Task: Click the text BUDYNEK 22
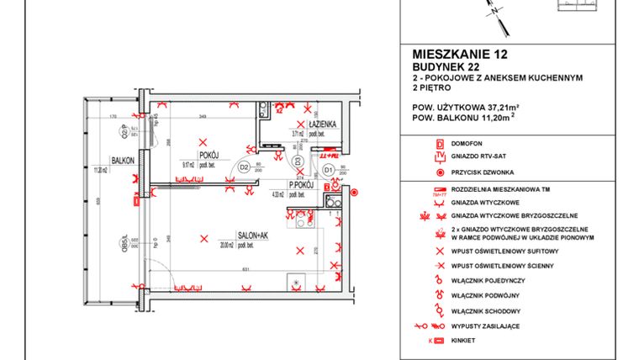click(x=447, y=66)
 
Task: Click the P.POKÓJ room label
click(x=301, y=184)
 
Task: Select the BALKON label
click(x=124, y=157)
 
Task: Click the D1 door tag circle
click(x=330, y=170)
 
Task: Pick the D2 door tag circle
click(x=243, y=167)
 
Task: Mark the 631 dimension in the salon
click(x=243, y=269)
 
